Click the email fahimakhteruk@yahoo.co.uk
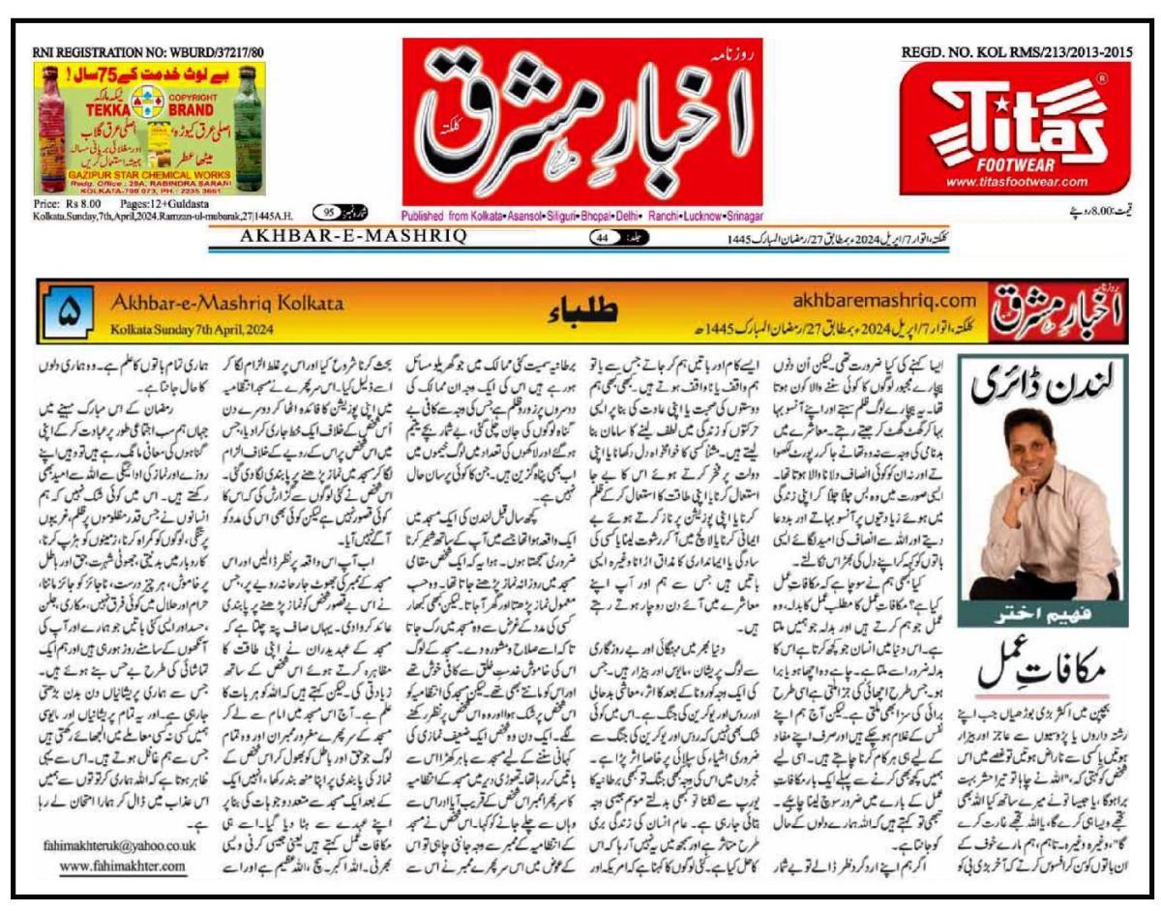coord(121,844)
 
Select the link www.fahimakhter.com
coord(120,866)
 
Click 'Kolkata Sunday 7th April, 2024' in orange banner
coord(192,329)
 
